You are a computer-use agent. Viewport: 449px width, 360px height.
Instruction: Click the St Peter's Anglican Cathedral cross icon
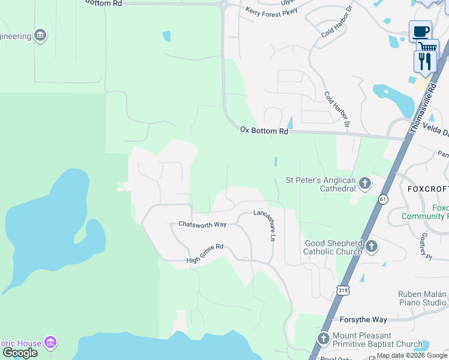[x=364, y=182]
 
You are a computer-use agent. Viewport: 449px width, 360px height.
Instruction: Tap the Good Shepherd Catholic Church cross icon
[x=372, y=246]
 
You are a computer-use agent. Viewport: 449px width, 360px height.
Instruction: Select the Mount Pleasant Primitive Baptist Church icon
[x=324, y=339]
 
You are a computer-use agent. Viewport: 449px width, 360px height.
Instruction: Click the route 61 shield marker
[x=383, y=199]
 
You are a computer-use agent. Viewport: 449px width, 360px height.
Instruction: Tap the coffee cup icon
[x=420, y=31]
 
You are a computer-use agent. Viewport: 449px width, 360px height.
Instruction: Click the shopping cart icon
[x=427, y=46]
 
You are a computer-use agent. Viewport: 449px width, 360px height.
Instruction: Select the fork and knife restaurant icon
[x=424, y=61]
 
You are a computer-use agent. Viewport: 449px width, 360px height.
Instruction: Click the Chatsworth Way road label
[x=202, y=224]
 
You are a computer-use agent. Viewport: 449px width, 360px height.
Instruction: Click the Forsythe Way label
[x=363, y=320]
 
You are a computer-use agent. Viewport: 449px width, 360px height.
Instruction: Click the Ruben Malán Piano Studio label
[x=423, y=298]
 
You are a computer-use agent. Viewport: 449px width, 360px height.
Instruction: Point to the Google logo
[x=20, y=353]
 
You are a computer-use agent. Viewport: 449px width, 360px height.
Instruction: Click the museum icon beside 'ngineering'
[x=40, y=36]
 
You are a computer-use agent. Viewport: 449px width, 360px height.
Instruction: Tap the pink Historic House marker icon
[x=51, y=343]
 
